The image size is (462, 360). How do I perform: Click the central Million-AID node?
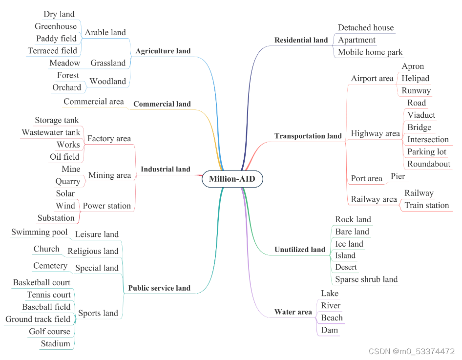[232, 179]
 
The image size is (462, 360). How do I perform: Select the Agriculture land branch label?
[163, 51]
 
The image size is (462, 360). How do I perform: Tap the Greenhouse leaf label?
[56, 26]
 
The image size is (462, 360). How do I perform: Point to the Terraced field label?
[52, 50]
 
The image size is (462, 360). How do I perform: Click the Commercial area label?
[94, 102]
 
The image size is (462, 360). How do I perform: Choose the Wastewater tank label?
[51, 132]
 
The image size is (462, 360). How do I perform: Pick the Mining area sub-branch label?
[110, 175]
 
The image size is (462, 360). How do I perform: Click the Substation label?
[56, 218]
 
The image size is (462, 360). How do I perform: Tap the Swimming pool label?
[40, 232]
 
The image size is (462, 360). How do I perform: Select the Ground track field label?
[38, 319]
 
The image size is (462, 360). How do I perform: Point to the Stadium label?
[56, 343]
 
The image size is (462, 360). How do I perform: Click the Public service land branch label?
[159, 288]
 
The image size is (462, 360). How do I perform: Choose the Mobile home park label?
[371, 52]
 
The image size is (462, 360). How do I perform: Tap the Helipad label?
[416, 78]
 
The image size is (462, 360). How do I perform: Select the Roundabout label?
[429, 164]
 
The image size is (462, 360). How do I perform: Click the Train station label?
[427, 205]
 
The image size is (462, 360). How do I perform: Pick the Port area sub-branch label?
[366, 179]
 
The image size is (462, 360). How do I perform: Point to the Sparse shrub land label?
[366, 279]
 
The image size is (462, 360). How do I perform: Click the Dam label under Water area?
[330, 330]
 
